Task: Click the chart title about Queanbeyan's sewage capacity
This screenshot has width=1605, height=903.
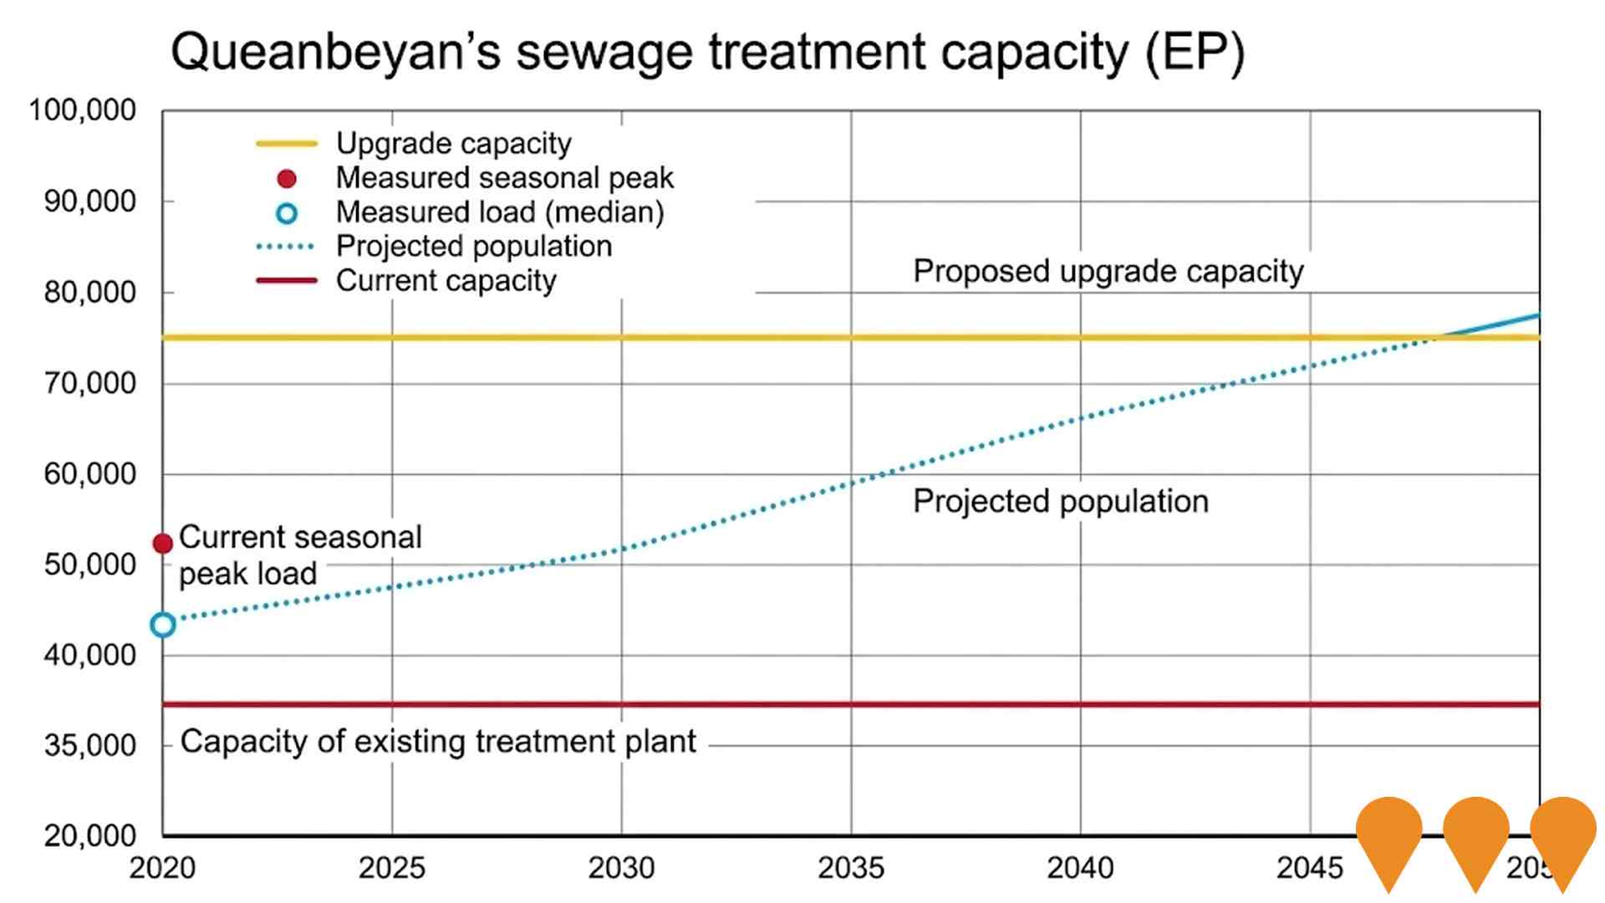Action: (707, 52)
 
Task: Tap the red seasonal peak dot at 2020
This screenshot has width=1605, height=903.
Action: (163, 543)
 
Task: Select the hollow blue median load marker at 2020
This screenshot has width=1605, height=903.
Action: (163, 625)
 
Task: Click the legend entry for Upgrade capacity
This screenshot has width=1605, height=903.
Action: (453, 144)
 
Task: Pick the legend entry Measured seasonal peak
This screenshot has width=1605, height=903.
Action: (503, 178)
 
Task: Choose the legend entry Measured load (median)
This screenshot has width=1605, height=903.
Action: (499, 212)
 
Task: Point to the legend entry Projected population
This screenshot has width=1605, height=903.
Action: (473, 247)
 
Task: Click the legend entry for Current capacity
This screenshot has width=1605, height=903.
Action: (446, 281)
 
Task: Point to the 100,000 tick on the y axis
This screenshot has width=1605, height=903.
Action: (82, 110)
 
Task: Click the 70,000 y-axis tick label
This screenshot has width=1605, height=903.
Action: (89, 384)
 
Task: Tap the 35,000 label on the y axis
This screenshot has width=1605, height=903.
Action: (89, 745)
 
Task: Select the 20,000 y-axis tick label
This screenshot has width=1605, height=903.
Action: (89, 835)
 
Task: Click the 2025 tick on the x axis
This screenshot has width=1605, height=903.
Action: (391, 868)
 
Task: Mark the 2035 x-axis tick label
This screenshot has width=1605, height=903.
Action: (850, 868)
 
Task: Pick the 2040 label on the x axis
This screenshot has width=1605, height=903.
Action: (1080, 868)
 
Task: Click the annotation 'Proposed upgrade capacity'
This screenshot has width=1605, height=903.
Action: (1108, 272)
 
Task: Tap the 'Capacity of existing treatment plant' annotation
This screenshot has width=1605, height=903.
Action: (438, 742)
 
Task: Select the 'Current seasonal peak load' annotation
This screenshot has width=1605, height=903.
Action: (299, 554)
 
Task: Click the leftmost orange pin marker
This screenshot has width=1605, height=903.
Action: (1388, 836)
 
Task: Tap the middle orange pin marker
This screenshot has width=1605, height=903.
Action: (1475, 836)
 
